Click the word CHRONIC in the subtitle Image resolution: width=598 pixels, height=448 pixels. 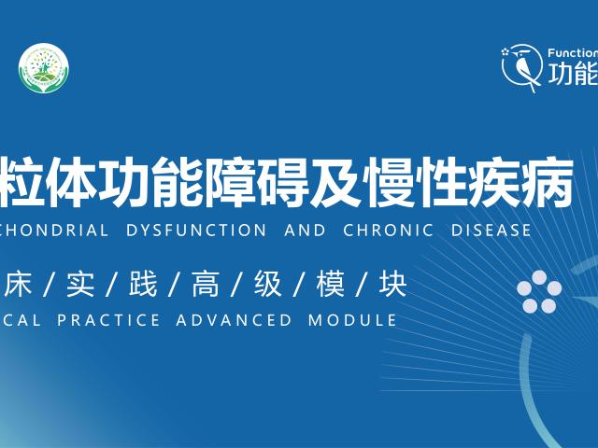[381, 230]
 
